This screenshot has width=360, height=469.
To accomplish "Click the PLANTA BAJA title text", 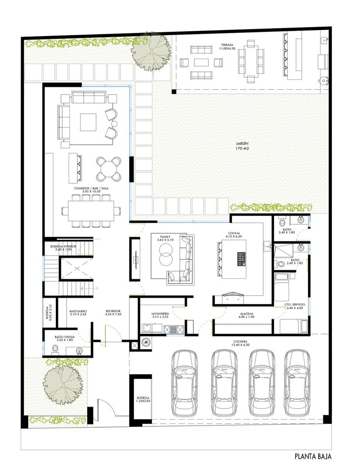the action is pos(313,456).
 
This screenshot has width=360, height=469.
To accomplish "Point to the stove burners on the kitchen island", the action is pos(242,259).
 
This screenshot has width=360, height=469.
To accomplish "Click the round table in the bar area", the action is pos(108,169).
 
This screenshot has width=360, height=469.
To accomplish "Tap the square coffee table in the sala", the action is pos(88,122).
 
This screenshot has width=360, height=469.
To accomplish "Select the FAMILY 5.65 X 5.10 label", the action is pos(165,238).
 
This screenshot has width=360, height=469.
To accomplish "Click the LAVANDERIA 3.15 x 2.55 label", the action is pos(160,315).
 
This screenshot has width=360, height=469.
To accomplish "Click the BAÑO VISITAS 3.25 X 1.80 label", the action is pos(65,338).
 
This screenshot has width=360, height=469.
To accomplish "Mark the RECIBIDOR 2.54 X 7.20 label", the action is pos(113,313).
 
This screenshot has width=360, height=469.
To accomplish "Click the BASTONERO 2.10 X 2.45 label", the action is pos(78,313).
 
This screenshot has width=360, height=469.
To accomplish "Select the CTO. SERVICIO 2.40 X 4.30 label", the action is pos(295,306).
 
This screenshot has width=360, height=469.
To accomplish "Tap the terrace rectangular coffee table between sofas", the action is pos(201,63).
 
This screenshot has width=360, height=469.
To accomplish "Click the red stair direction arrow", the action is pos(89,288).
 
